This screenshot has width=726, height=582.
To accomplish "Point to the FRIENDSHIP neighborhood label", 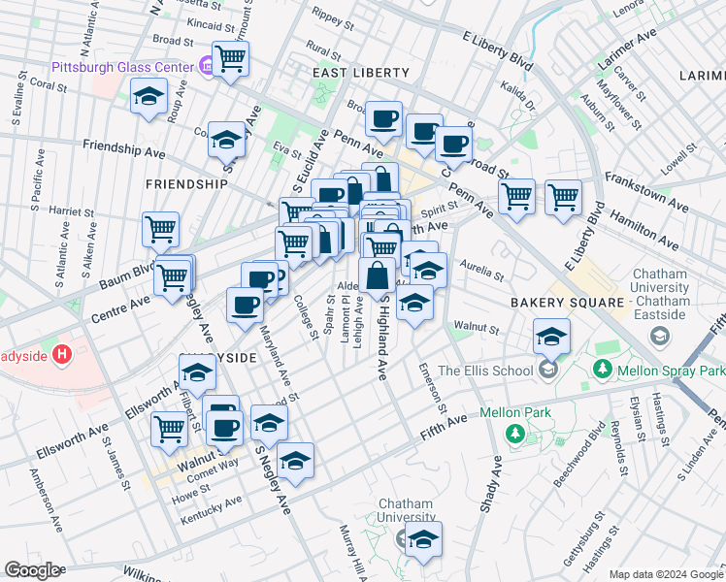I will pos(185,183).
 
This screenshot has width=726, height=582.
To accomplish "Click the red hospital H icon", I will pos(63,355).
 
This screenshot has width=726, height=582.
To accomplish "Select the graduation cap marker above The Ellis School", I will pos(551,337).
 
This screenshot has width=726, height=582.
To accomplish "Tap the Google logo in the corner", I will pos(32,570).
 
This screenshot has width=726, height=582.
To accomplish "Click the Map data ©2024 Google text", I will pos(666,574).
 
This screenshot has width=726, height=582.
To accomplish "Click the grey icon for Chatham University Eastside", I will pos(660,336).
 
